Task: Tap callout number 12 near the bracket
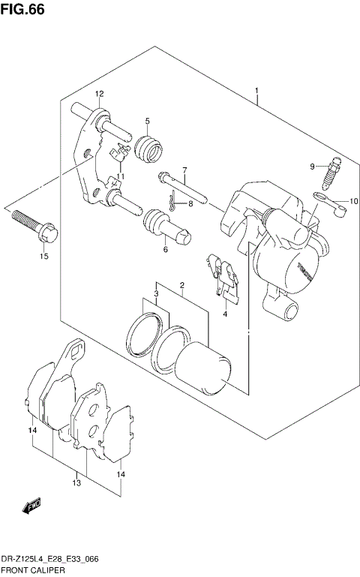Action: pyautogui.click(x=99, y=94)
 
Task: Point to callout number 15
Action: pyautogui.click(x=44, y=257)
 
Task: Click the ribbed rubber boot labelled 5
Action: pyautogui.click(x=150, y=148)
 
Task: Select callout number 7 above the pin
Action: pyautogui.click(x=184, y=170)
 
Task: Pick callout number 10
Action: pyautogui.click(x=354, y=201)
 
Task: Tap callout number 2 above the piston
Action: pyautogui.click(x=182, y=285)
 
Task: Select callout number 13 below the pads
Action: pyautogui.click(x=76, y=483)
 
